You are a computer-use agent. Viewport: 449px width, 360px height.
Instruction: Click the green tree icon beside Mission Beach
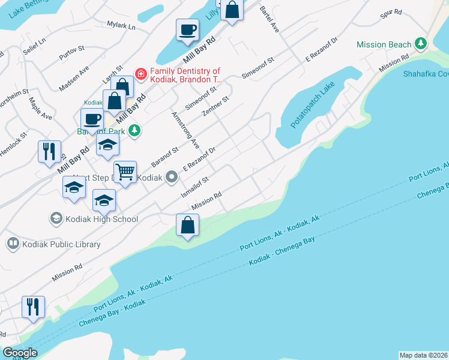pos(421,44)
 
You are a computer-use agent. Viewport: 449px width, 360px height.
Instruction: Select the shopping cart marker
pos(125,172)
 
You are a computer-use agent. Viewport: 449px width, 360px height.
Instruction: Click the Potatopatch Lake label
pos(311,113)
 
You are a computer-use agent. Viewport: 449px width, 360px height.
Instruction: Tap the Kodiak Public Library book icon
pos(12,244)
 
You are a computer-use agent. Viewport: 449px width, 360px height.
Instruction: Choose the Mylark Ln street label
pos(121,26)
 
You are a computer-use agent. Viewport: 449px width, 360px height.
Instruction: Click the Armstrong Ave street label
pos(185,130)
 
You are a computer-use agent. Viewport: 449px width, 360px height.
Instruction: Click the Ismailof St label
pos(195,187)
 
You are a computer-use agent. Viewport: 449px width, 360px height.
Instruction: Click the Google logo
pos(20,353)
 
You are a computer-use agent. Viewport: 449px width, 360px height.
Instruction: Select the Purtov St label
pos(71,53)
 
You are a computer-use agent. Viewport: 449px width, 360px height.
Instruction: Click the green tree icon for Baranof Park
pos(136,130)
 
